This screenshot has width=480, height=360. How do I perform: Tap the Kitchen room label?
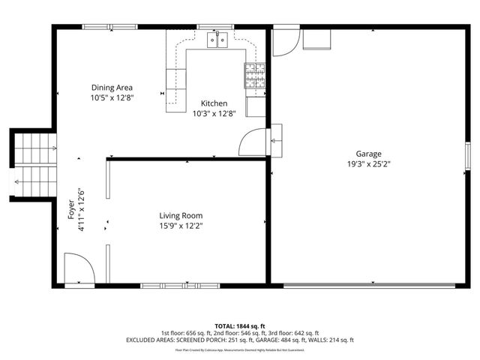214,103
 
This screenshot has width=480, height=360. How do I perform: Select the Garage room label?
368,154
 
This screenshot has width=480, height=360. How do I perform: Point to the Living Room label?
181,215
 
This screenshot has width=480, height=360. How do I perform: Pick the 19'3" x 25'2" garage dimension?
368,163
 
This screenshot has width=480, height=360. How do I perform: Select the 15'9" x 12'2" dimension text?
181,225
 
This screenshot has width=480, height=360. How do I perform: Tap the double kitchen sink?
217,40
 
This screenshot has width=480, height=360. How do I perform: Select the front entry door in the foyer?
78,268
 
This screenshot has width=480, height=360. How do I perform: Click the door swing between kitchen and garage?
253,141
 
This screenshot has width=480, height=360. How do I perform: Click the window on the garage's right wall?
467,157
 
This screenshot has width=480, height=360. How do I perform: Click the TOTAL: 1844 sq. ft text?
240,325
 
